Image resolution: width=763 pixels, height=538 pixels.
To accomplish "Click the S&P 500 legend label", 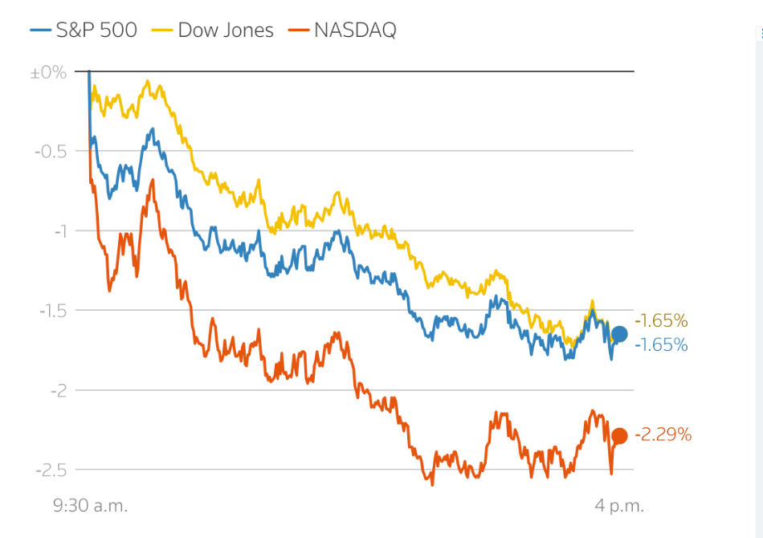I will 96,31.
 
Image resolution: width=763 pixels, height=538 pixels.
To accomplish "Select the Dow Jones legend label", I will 226,31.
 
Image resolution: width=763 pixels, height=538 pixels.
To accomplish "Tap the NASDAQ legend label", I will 355,31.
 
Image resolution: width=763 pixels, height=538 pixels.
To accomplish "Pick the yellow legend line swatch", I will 163,31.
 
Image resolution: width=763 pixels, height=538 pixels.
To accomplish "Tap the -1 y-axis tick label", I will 59,231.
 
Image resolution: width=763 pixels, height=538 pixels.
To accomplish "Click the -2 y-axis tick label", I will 59,390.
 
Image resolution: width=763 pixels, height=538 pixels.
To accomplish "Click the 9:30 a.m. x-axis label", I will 91,506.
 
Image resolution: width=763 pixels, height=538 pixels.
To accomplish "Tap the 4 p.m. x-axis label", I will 619,506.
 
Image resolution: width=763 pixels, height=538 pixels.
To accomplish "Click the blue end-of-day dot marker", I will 619,334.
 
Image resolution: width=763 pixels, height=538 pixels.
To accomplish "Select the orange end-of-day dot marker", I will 619,436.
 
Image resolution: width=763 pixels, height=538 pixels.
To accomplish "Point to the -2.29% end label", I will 663,435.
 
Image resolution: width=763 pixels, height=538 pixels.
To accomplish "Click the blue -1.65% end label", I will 661,345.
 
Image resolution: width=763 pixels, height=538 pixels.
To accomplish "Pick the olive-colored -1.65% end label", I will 661,321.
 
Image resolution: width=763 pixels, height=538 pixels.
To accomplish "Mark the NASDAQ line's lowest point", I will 432,484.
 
